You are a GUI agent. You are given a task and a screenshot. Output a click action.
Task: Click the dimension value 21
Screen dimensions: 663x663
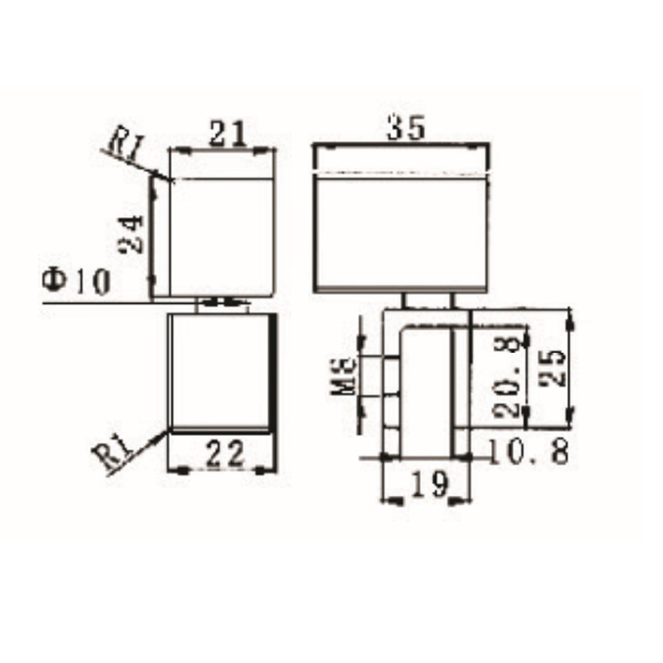tap(225, 133)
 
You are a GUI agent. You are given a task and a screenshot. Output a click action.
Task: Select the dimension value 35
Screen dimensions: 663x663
tap(405, 128)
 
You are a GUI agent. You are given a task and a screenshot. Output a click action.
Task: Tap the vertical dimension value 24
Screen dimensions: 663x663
tap(131, 235)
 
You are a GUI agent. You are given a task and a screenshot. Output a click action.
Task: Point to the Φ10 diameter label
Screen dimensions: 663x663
tap(75, 283)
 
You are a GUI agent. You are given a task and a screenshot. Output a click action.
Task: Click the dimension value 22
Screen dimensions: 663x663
tap(222, 453)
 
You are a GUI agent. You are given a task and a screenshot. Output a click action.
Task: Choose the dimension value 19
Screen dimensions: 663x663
tap(429, 483)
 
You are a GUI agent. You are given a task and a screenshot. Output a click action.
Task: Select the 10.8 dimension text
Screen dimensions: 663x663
tap(528, 452)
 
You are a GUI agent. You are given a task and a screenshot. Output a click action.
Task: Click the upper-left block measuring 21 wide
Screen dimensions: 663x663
tap(222, 236)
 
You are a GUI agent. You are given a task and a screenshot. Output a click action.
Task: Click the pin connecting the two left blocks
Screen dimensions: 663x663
tap(221, 304)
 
